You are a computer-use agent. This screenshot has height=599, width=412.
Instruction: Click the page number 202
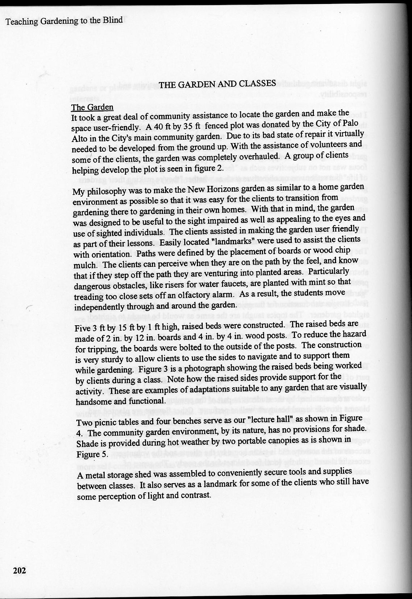pyautogui.click(x=20, y=571)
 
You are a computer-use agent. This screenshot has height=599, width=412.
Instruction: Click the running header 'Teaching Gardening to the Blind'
pyautogui.click(x=64, y=20)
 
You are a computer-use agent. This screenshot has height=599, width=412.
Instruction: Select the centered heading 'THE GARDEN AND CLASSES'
pyautogui.click(x=217, y=84)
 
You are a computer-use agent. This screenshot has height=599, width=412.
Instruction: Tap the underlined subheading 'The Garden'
pyautogui.click(x=92, y=107)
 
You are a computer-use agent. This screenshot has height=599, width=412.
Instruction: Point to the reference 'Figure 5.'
pyautogui.click(x=88, y=455)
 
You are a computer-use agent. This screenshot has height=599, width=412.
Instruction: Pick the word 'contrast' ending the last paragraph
pyautogui.click(x=195, y=495)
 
